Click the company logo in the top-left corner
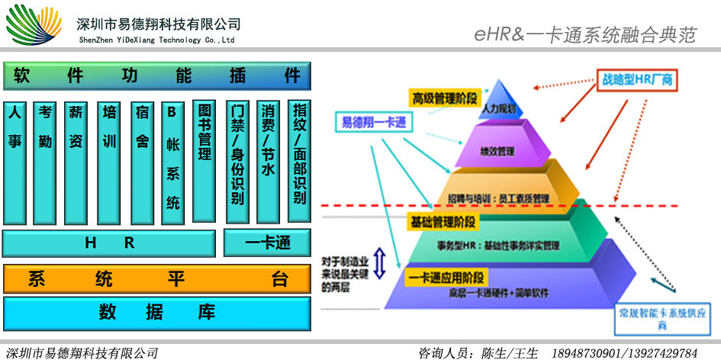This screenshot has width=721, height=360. [x=34, y=24]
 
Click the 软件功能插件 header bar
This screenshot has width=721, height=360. [x=156, y=76]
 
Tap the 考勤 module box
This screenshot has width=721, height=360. [x=46, y=161]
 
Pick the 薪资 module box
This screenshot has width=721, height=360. [x=76, y=161]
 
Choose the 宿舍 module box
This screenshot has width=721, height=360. [x=142, y=161]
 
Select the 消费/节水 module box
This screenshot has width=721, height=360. [x=268, y=161]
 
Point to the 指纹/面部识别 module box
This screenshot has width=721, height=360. [x=299, y=161]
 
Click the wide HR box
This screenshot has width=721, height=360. [x=109, y=243]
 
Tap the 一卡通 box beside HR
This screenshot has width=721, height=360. [x=267, y=243]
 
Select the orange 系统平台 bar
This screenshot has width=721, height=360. [x=156, y=279]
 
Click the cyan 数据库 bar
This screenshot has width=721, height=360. [x=156, y=312]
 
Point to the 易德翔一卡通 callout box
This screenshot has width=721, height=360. [x=371, y=122]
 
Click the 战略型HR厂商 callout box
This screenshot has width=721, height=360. [x=636, y=79]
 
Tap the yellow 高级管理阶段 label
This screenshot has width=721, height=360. [x=443, y=98]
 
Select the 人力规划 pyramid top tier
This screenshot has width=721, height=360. [x=500, y=107]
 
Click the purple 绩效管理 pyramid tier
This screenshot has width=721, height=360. [x=501, y=150]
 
